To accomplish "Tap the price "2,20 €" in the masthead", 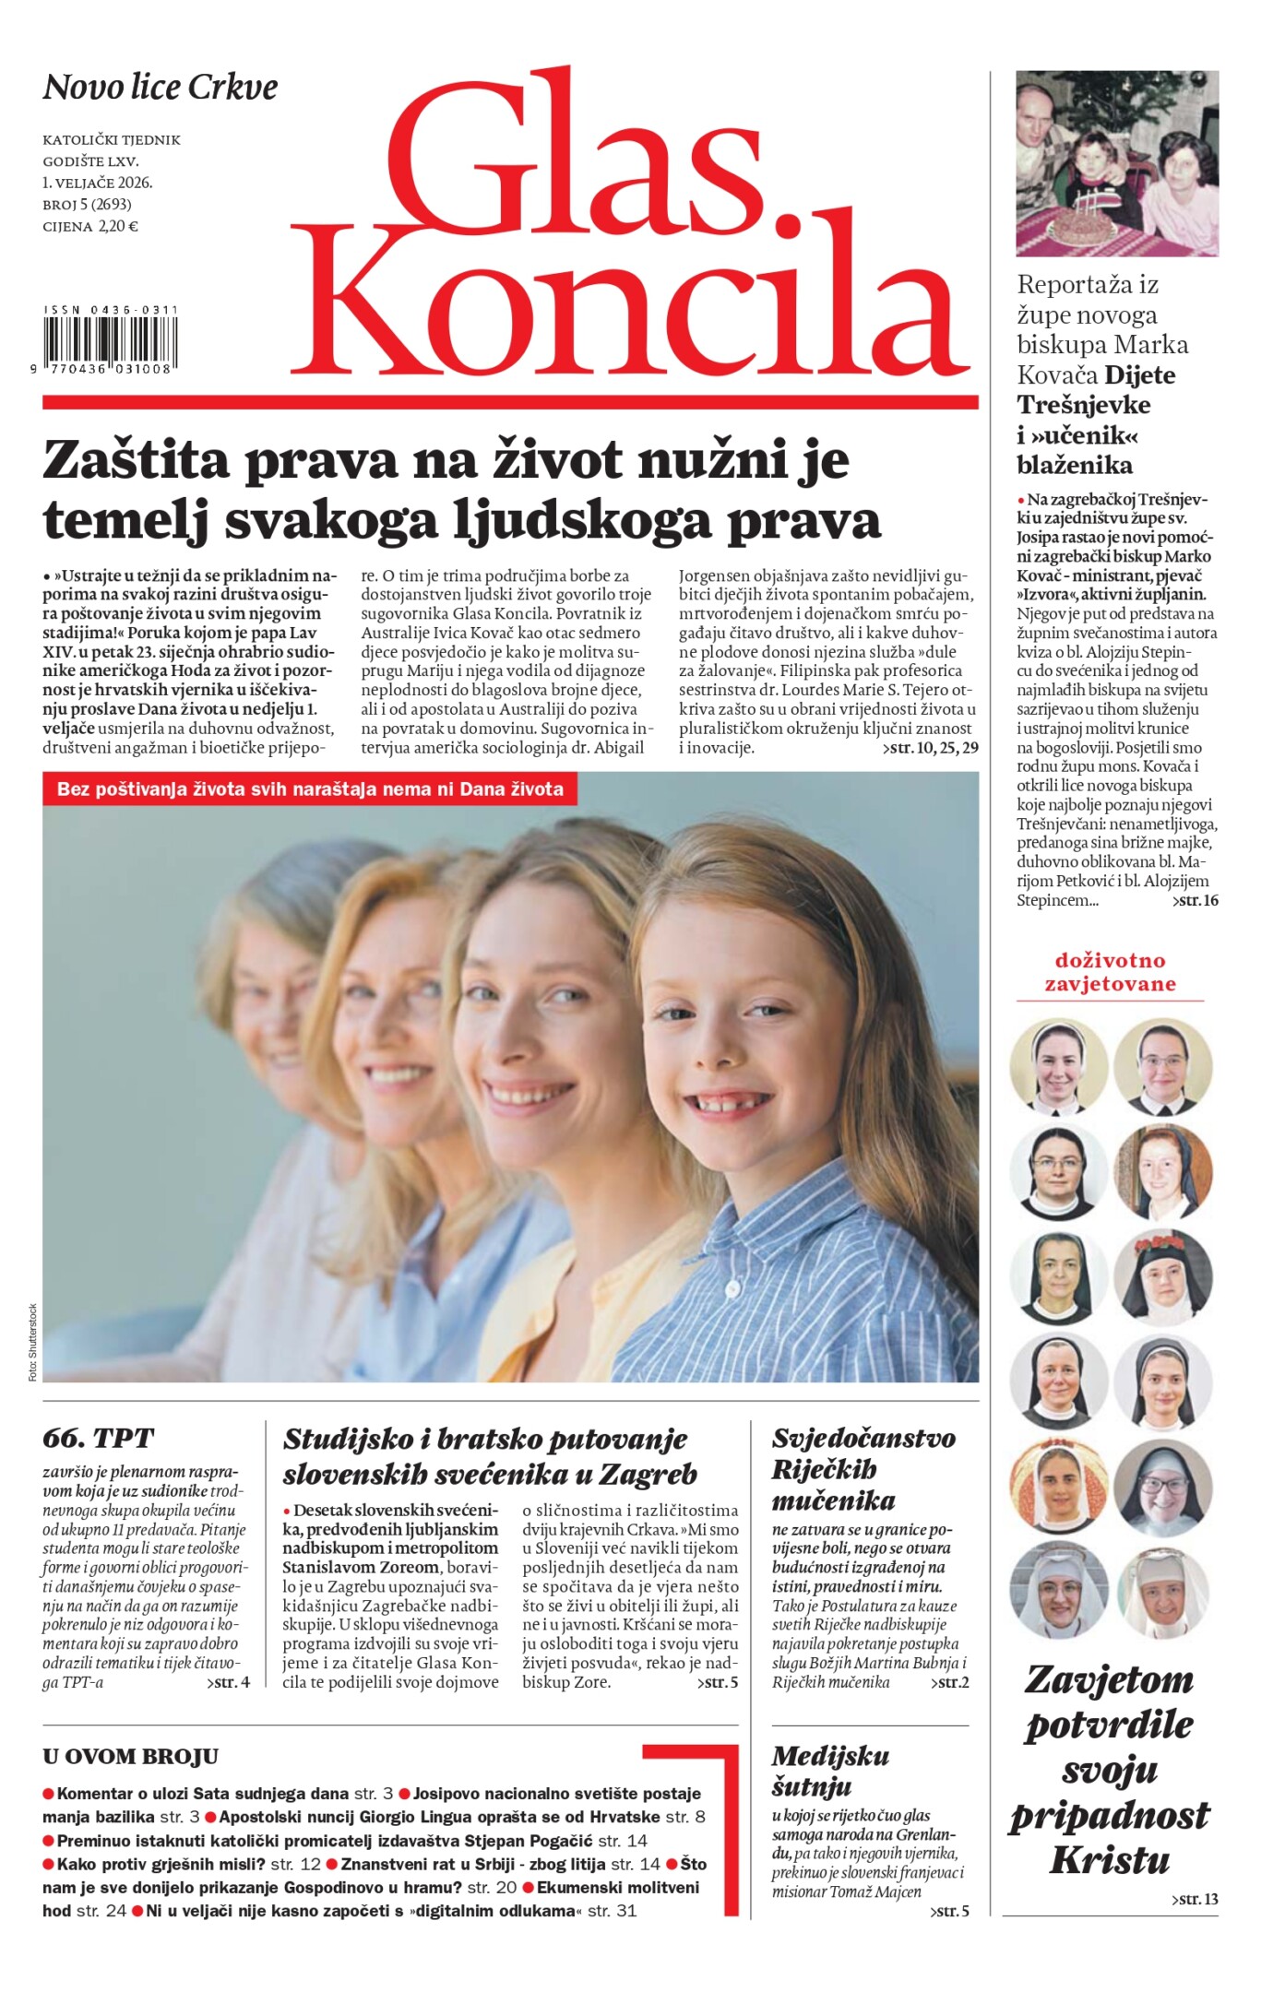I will point(118,226).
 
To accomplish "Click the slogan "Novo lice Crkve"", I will point(161,88).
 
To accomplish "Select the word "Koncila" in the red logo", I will point(630,304).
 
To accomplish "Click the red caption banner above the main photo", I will point(310,789).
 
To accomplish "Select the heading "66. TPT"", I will point(98,1438).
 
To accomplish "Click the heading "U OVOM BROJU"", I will point(130,1757).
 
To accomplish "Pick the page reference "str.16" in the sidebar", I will point(1196,900).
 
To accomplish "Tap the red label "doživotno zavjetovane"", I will point(1110,972).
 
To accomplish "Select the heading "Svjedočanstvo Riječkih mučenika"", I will point(863,1468).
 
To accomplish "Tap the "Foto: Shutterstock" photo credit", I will point(32,1342).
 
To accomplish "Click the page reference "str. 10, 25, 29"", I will point(930,747).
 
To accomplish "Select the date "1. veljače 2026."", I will point(97,183).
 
